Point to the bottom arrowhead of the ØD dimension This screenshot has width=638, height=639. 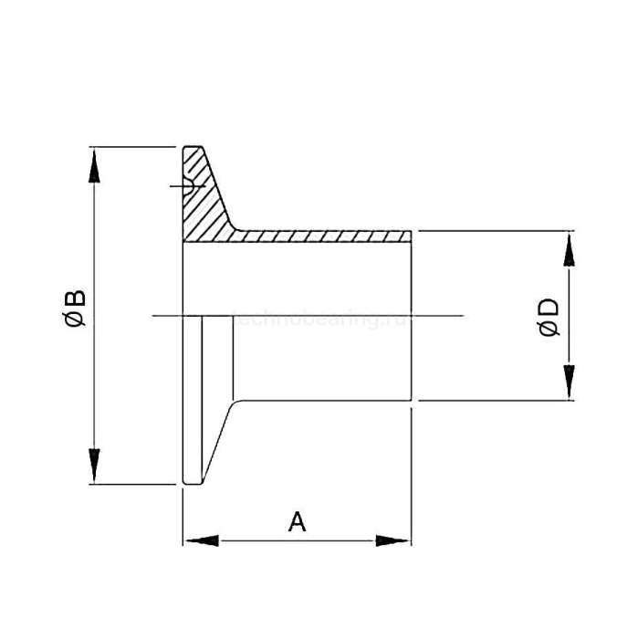pos(569,382)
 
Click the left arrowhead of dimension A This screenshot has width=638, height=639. pos(202,540)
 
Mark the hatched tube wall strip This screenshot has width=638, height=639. pos(319,236)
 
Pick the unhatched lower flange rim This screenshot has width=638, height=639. pos(193,402)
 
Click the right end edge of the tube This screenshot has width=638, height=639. pos(412,315)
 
